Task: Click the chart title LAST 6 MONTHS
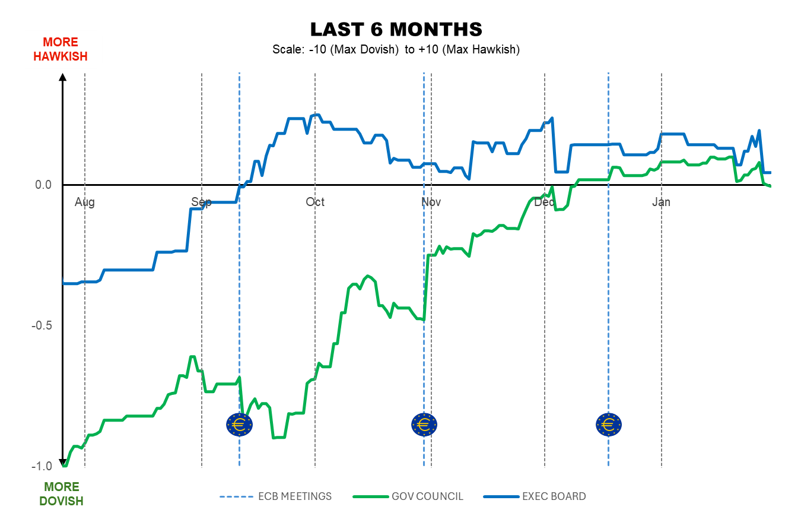point(396,29)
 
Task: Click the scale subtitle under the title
point(396,50)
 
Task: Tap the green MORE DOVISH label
point(61,494)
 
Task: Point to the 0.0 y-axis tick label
point(43,185)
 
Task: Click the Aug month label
point(85,202)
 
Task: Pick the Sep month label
point(201,202)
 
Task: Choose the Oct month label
point(315,202)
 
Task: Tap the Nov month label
point(431,202)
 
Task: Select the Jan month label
point(661,202)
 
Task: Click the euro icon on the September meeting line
point(240,424)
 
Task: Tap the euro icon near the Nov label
point(424,424)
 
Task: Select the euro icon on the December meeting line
point(609,424)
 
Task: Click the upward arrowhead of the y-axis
point(63,77)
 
